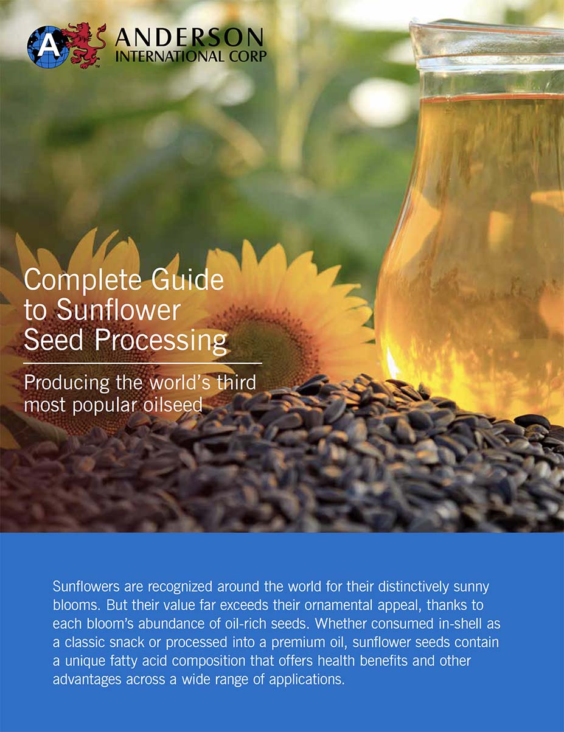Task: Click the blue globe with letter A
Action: pyautogui.click(x=44, y=46)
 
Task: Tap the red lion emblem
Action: pyautogui.click(x=84, y=44)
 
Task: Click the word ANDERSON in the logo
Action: pyautogui.click(x=189, y=38)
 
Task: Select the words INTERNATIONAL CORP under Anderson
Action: pyautogui.click(x=190, y=57)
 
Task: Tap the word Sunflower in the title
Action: pyautogui.click(x=119, y=310)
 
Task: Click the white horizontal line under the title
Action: pyautogui.click(x=142, y=363)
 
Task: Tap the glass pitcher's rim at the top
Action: pyautogui.click(x=487, y=27)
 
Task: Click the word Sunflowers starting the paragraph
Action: pyautogui.click(x=90, y=587)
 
